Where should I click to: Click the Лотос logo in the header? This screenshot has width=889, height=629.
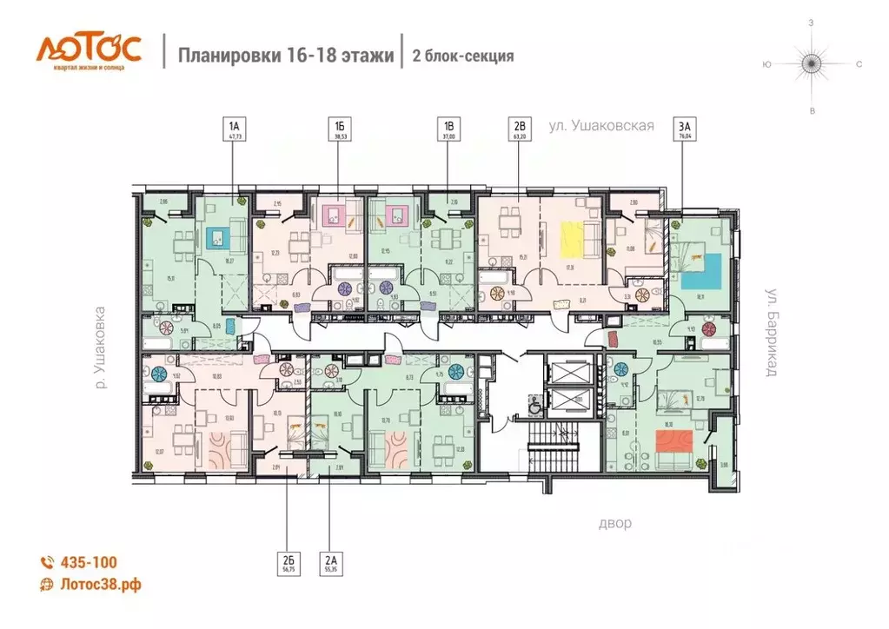click(x=87, y=50)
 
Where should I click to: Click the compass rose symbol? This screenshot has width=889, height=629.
click(x=811, y=63)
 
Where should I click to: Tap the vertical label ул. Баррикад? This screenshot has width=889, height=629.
click(x=770, y=331)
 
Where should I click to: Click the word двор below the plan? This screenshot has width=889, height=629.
click(x=614, y=524)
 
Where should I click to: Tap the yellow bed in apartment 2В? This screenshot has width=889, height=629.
click(x=571, y=241)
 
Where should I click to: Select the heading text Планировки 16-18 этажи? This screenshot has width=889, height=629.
click(x=286, y=56)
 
